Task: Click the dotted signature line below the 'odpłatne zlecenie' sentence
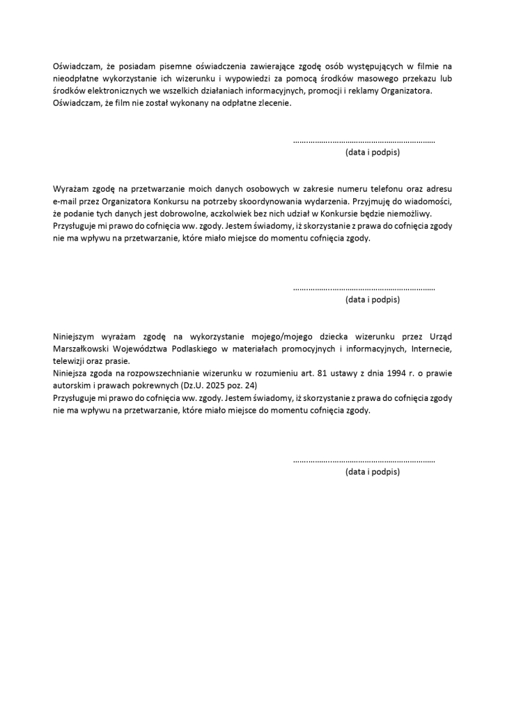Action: pyautogui.click(x=364, y=140)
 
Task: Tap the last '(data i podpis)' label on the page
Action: pyautogui.click(x=372, y=472)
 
